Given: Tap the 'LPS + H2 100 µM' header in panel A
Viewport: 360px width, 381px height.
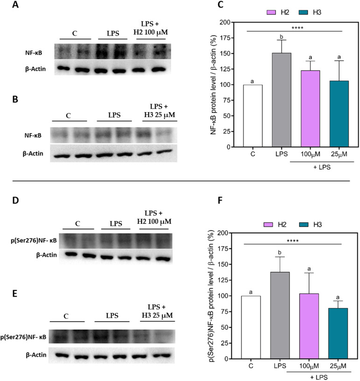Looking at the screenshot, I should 153,28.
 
